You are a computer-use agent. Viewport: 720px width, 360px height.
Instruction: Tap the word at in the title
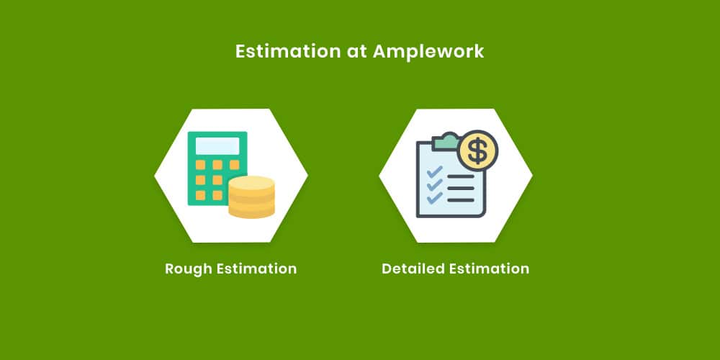357,52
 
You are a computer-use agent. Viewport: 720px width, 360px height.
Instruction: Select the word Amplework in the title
428,52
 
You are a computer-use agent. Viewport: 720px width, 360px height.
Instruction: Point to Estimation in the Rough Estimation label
257,268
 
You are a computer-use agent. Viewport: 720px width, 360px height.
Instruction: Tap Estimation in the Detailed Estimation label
489,268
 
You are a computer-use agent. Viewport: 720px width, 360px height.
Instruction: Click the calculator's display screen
217,146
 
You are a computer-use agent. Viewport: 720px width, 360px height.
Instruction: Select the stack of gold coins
251,197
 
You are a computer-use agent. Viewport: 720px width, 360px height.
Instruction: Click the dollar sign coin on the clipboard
478,150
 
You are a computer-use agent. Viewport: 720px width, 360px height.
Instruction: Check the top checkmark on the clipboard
435,172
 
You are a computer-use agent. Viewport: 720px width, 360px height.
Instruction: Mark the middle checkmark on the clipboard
435,184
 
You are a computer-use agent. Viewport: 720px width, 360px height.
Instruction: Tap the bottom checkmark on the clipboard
435,197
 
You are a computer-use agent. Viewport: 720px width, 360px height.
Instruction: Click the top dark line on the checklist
461,176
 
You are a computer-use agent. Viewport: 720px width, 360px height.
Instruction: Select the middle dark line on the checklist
461,188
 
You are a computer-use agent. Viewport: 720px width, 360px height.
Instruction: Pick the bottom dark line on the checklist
461,200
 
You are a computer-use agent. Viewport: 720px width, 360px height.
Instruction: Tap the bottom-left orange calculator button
200,195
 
